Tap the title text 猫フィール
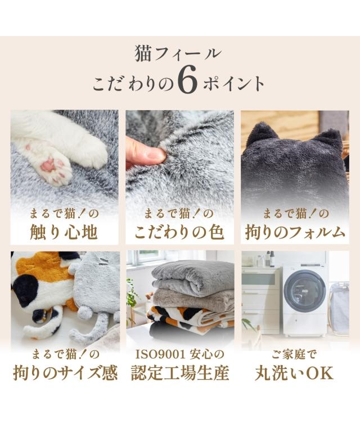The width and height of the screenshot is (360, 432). tap(178, 53)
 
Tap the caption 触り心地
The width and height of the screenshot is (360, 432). tap(64, 232)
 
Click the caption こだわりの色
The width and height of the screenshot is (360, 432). tap(179, 232)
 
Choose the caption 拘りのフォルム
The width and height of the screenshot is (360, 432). tap(295, 232)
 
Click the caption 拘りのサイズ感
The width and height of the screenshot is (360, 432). tap(65, 373)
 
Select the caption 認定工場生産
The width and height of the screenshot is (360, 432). tap(180, 373)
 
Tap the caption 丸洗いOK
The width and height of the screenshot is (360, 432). tap(294, 373)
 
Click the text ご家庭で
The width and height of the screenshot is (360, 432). tap(294, 354)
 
